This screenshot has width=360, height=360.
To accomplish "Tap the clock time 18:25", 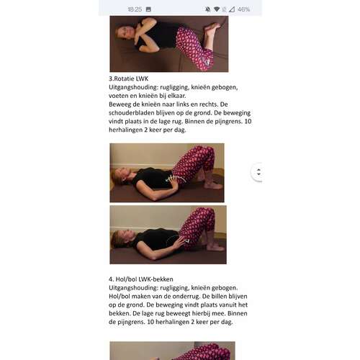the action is point(135,9).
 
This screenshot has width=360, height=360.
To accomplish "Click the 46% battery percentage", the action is point(243,9).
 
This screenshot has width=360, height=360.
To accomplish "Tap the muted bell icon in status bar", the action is point(208,9).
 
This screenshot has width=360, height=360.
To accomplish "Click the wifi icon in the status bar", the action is point(217,9).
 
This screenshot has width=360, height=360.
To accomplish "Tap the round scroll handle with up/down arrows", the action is point(258,172).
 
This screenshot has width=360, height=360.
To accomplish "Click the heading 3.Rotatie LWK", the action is point(129,78).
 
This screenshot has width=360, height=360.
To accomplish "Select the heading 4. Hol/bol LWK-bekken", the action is point(141,279).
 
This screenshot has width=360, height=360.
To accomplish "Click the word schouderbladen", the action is point(132,113).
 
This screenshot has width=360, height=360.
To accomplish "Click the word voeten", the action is point(117,96).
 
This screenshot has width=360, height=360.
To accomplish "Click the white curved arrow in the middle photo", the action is point(176,179).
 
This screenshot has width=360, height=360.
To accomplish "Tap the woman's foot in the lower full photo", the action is point(215,246).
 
